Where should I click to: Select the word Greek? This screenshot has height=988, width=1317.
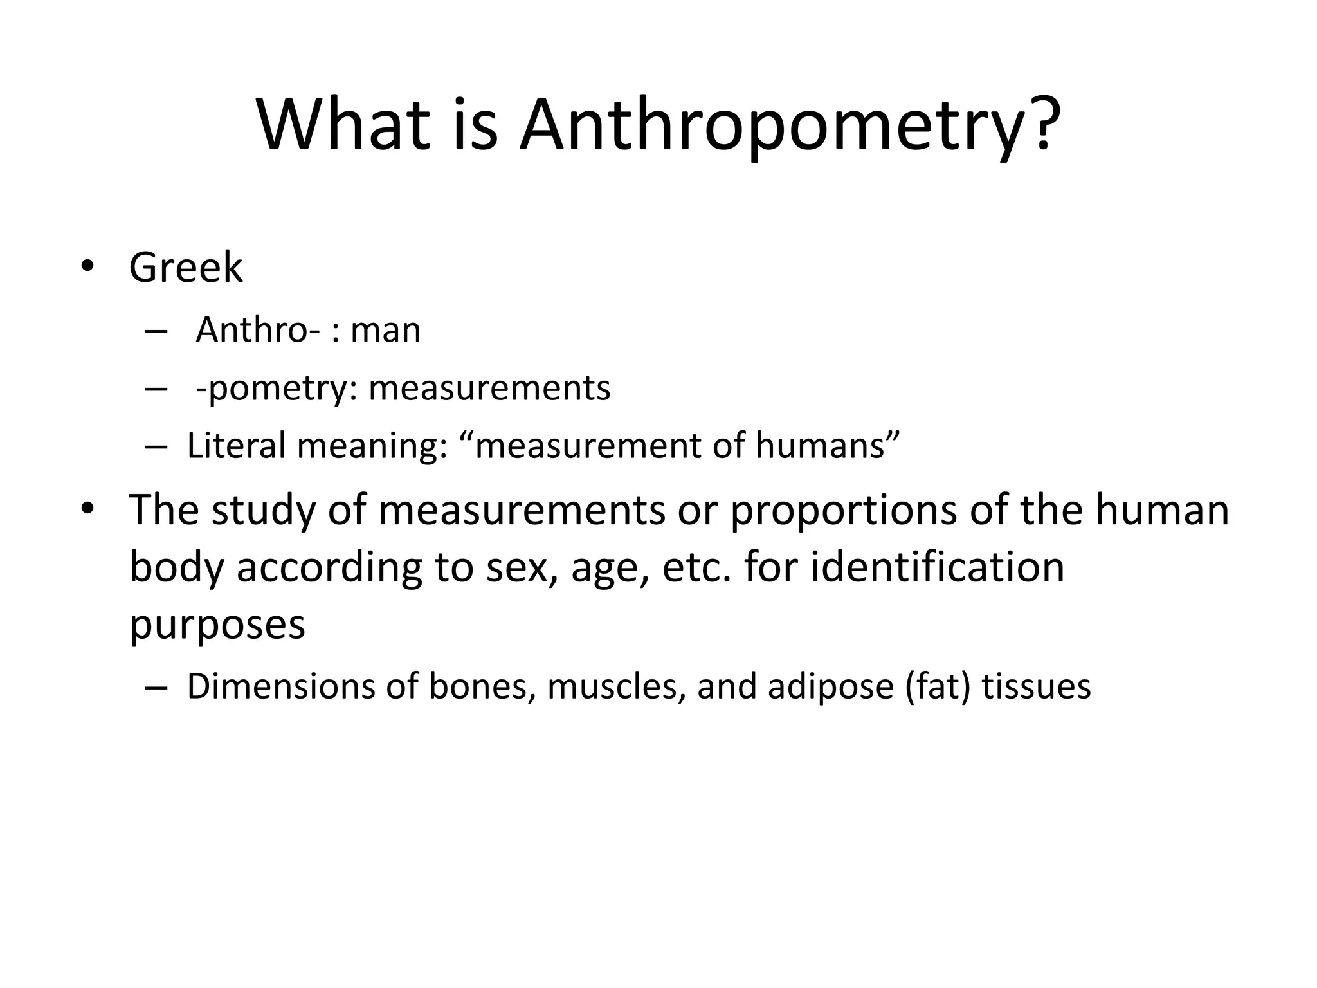point(186,268)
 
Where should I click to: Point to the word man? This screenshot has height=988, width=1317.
point(386,331)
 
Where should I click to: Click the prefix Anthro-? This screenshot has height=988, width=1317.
point(258,331)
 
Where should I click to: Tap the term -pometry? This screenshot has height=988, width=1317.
point(277,389)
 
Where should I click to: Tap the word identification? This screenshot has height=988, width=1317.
point(937,567)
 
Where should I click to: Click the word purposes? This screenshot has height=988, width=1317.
point(217,625)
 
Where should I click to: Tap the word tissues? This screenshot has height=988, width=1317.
point(1036,686)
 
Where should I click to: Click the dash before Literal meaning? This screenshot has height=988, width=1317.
point(156,446)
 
